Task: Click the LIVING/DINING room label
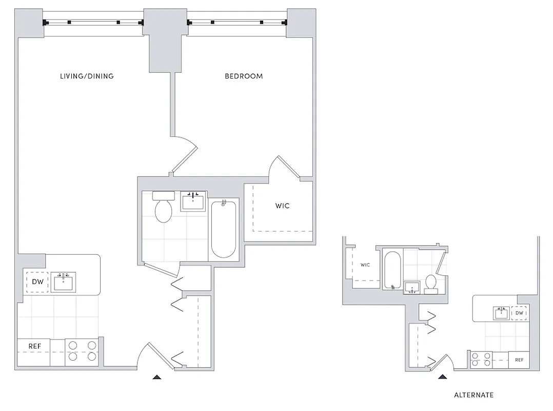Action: pyautogui.click(x=87, y=76)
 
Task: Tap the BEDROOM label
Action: pyautogui.click(x=244, y=76)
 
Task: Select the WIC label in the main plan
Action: pyautogui.click(x=282, y=206)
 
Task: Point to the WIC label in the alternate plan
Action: pyautogui.click(x=365, y=265)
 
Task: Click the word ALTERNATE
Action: pyautogui.click(x=473, y=395)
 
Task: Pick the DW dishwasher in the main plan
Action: pyautogui.click(x=37, y=282)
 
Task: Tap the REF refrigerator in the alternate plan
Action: pyautogui.click(x=519, y=360)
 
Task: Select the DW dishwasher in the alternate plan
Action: pyautogui.click(x=519, y=313)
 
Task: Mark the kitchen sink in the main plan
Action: pyautogui.click(x=64, y=281)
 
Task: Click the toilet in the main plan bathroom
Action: pyautogui.click(x=164, y=208)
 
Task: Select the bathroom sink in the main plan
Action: pyautogui.click(x=193, y=200)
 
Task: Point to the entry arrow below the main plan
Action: pyautogui.click(x=157, y=377)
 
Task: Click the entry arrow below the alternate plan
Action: pyautogui.click(x=442, y=377)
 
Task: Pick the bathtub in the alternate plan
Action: pyautogui.click(x=392, y=270)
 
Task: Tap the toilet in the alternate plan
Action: pyautogui.click(x=431, y=284)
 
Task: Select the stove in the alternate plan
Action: pyautogui.click(x=481, y=359)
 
